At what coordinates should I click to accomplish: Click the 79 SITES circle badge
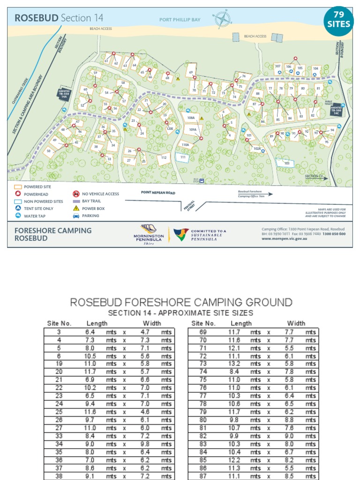pos(339,20)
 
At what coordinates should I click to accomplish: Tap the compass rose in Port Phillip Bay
pos(223,19)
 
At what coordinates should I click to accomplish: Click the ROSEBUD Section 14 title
pos(59,18)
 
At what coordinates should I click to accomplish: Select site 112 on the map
pos(164,158)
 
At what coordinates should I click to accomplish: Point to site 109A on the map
pos(193,129)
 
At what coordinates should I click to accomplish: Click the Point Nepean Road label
pos(158,192)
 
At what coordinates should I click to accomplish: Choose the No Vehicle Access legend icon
pos(76,194)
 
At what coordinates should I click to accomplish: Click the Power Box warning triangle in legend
pos(76,208)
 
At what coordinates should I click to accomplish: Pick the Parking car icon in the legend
pos(76,216)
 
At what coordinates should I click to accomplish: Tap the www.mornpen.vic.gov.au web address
pos(284,239)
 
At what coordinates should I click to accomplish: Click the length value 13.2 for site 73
pos(234,364)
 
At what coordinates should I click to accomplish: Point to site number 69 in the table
pos(203,332)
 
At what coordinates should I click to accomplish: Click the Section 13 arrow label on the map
pos(315,176)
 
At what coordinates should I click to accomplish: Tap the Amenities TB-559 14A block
pos(64,93)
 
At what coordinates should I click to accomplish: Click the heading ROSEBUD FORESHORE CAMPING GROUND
pos(181,302)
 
